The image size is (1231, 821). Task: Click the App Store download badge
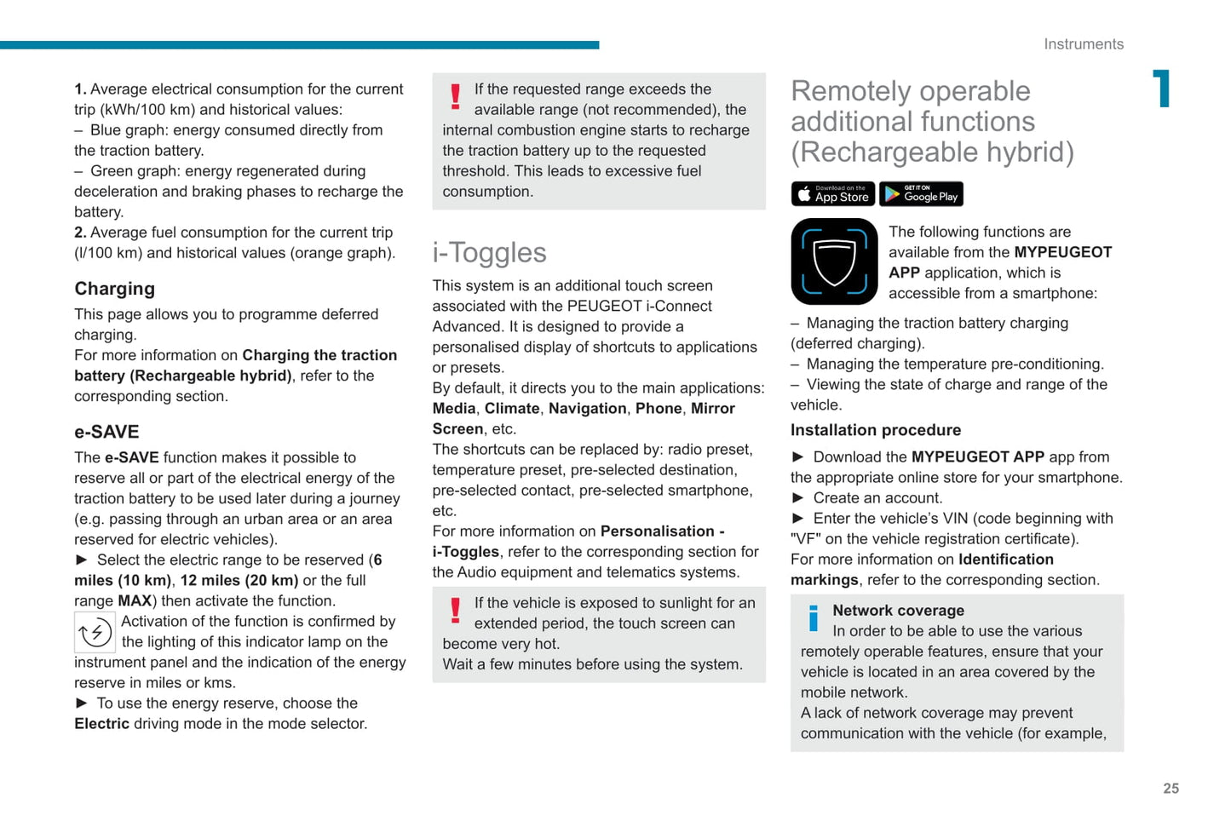click(832, 194)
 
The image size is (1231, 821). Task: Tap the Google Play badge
click(921, 194)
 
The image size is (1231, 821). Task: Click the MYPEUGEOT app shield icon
click(834, 261)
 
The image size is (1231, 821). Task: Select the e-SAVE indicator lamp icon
click(95, 633)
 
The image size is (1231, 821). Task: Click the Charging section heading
click(114, 289)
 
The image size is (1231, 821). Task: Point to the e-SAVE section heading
click(106, 432)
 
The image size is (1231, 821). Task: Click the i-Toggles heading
click(489, 253)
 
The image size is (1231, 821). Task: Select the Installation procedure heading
click(875, 430)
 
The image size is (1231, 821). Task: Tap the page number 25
click(1171, 789)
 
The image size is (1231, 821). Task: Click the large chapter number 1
click(1162, 89)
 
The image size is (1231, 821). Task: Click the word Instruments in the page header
click(1083, 44)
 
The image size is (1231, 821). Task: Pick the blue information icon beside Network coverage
click(814, 617)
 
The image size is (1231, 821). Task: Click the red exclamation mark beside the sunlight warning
click(456, 610)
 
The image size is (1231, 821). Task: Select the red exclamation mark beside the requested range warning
click(456, 96)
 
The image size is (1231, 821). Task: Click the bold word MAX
click(135, 601)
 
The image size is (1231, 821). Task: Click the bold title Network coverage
click(898, 611)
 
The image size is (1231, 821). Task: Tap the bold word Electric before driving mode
click(101, 724)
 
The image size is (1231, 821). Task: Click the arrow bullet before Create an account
click(798, 498)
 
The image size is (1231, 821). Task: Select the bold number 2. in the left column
click(80, 233)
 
